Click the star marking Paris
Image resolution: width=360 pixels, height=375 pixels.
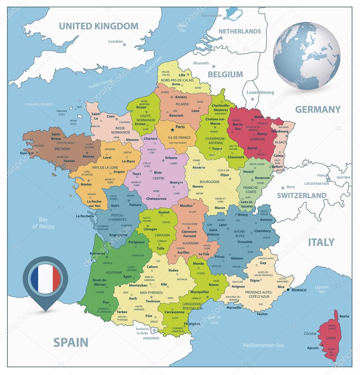point(172,130)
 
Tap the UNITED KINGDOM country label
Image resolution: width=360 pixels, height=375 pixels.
point(99,26)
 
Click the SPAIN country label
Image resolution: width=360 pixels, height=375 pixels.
point(71,342)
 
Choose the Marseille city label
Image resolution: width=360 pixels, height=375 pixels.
point(234,308)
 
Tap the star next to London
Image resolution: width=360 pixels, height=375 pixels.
point(124,45)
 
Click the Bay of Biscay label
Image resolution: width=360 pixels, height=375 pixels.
point(44,223)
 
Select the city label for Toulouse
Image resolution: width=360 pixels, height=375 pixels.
point(153,301)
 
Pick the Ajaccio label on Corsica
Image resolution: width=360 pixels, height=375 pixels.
point(312,348)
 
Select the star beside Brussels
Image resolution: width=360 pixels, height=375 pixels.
point(213,66)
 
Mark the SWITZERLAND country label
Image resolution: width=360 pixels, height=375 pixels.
point(301,195)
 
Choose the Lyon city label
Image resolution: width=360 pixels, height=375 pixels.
point(223,225)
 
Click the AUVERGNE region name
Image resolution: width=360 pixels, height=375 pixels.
point(190,243)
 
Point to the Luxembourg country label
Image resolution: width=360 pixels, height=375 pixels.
point(260,92)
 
